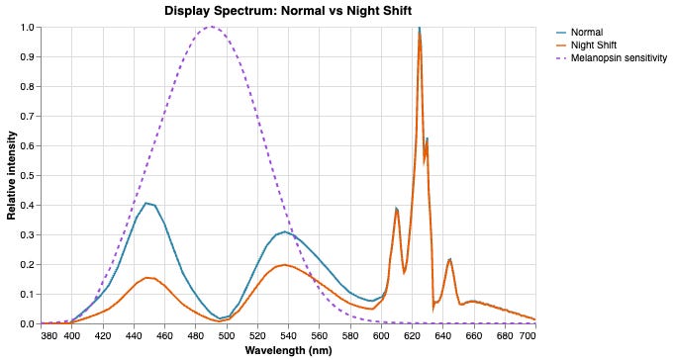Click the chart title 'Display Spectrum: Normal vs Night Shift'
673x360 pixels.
288,11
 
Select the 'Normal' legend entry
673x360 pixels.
588,32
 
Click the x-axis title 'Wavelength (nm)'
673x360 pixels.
288,350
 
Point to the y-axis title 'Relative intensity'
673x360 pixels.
13,175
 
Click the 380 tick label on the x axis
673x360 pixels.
49,336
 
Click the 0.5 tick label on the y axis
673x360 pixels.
26,175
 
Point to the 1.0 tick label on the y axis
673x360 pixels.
26,27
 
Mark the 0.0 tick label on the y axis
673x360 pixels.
26,323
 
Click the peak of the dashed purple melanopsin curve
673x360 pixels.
211,27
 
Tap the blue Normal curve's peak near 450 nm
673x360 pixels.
146,203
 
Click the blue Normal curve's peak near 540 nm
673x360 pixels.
285,231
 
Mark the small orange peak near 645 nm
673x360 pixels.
450,259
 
